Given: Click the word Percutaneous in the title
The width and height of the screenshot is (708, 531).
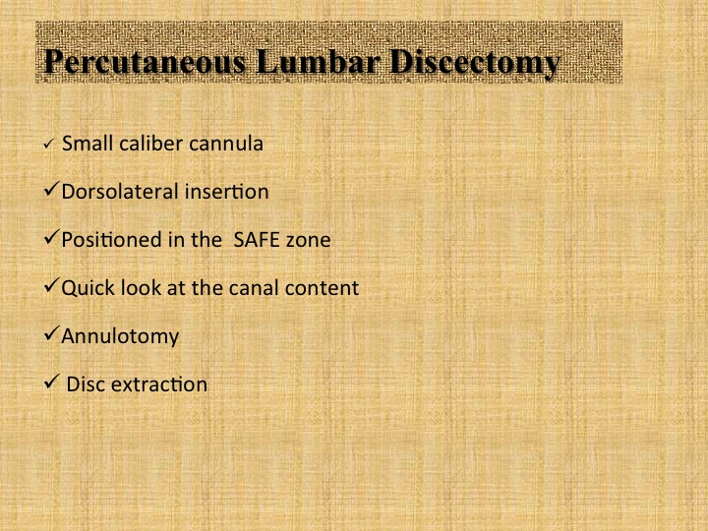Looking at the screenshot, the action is click(145, 62).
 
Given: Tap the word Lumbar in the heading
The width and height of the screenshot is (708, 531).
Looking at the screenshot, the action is click(318, 61).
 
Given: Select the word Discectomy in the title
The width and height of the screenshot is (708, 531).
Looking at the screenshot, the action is click(475, 63).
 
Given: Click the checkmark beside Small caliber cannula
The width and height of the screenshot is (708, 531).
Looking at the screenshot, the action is click(49, 144).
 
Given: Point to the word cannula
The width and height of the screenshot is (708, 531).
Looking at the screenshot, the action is click(226, 144).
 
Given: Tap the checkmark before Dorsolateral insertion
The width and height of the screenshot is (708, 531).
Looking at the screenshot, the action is click(51, 189).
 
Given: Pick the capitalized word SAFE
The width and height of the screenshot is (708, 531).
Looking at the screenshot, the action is click(255, 240).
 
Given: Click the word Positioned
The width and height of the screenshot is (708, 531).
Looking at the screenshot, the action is click(111, 240).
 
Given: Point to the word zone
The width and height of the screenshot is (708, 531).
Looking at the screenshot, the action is click(309, 241).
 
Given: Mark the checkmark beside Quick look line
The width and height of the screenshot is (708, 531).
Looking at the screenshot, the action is click(51, 285).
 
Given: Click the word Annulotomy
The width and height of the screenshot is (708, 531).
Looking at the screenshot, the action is click(120, 337).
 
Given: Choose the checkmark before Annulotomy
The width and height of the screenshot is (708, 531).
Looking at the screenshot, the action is click(51, 333).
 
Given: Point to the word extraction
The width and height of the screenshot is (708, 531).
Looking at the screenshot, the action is click(159, 384).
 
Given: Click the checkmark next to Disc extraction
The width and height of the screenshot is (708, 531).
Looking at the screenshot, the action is click(51, 382).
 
